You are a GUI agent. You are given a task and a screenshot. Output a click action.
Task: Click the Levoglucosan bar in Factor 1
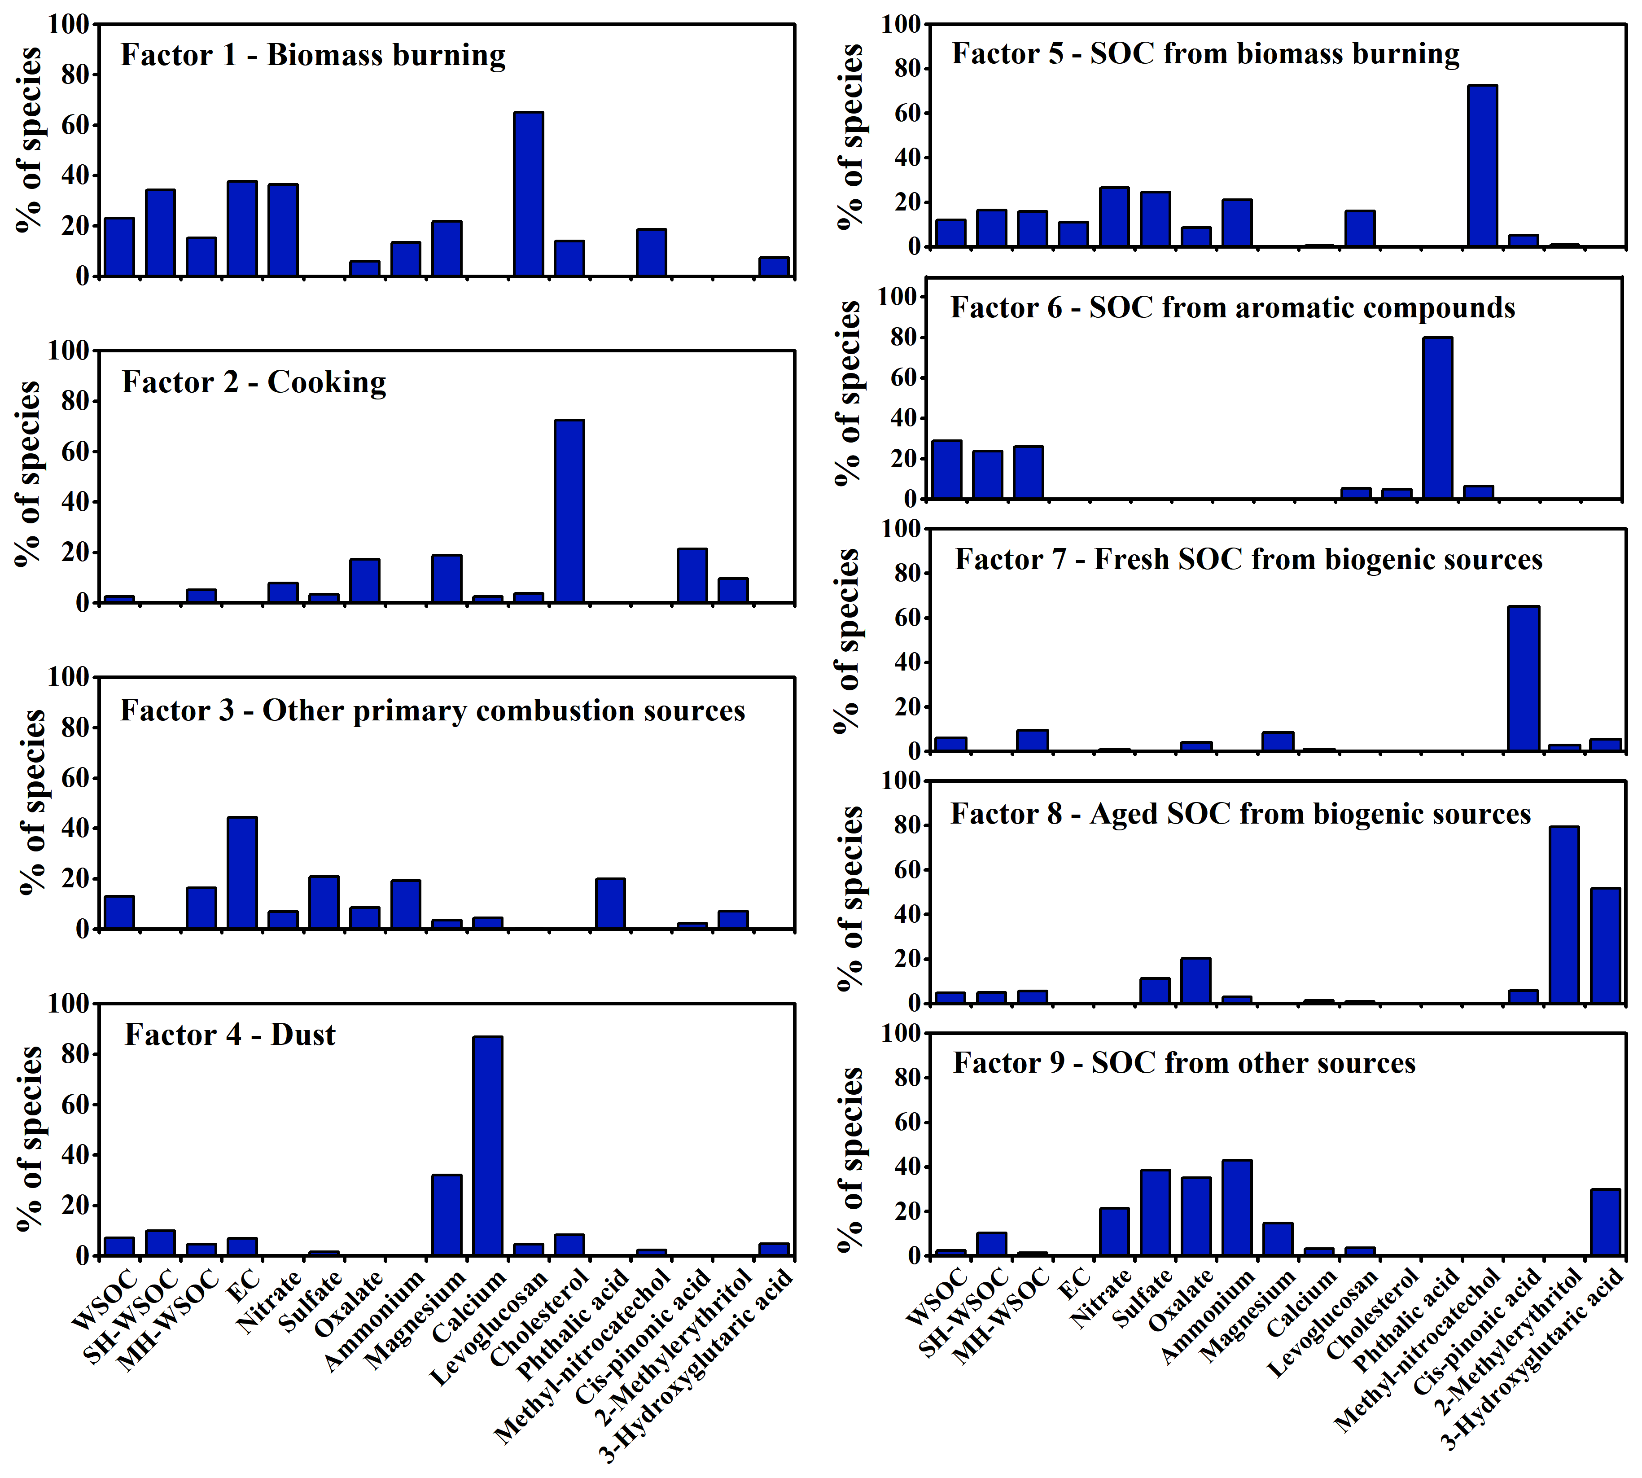528,195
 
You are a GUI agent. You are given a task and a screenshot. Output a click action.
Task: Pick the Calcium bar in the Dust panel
487,1145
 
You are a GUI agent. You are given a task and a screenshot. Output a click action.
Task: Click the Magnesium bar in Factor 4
447,1214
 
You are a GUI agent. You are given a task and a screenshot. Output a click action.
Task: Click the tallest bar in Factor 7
1524,678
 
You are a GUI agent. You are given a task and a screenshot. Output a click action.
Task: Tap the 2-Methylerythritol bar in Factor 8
1564,914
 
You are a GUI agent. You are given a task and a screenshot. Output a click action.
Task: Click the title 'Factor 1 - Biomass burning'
313,55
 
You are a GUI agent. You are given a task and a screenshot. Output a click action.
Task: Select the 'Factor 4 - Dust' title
230,1035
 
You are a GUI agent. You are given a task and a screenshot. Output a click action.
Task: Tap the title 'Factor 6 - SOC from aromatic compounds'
1233,308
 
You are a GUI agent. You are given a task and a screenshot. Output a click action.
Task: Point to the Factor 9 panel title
1184,1062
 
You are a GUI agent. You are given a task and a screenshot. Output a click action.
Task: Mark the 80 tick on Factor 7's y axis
902,573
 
